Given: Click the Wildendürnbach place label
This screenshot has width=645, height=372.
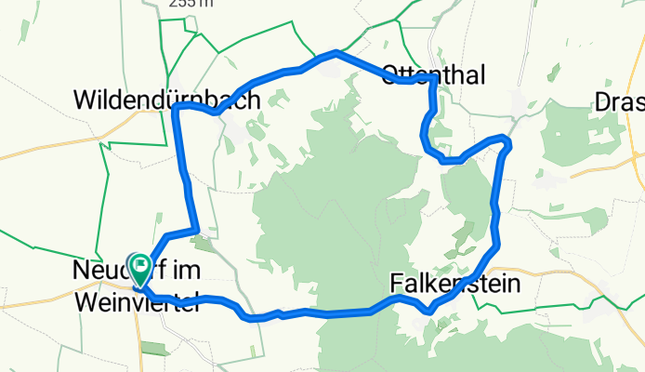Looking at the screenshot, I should pos(167,99).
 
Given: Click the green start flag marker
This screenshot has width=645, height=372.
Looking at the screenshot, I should pos(140,270).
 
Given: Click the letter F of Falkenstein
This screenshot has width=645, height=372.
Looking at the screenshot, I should pos(397,282).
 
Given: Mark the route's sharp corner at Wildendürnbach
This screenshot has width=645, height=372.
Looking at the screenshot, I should pos(176,108).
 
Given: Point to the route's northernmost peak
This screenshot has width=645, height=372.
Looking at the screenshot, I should pos(336,54).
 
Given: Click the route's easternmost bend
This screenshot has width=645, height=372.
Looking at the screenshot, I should pos(507,140).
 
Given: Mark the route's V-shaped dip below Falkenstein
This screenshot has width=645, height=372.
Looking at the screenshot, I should pos(428,312).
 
